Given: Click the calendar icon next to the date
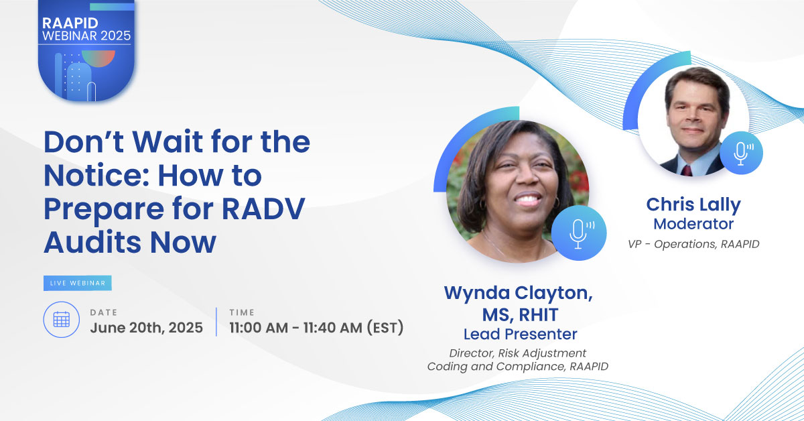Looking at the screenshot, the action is tap(62, 319).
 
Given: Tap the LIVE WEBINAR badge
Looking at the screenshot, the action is tap(78, 283).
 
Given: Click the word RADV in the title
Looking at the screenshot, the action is tap(263, 208).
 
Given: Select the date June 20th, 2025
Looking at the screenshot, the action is tap(147, 328).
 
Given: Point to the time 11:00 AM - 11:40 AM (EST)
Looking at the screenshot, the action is tap(316, 328).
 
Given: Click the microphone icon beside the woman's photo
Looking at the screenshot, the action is tap(579, 233).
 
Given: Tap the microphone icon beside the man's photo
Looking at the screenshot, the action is tap(741, 153).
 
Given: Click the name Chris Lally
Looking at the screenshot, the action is tap(693, 204).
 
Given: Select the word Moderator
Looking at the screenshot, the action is tap(693, 224).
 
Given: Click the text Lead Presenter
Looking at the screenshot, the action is tap(520, 334).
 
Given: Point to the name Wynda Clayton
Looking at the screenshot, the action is tap(519, 293).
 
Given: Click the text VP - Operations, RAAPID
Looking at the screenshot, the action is tap(693, 244).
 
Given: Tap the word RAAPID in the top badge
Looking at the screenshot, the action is tap(70, 23).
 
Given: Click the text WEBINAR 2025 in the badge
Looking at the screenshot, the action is tap(86, 36).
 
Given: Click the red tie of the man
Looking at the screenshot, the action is tap(687, 170).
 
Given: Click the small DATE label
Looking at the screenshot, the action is tap(104, 312).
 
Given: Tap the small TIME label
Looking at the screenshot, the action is tap(242, 312).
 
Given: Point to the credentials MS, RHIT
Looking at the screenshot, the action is tap(520, 314).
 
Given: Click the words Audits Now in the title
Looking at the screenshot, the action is tap(130, 242).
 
